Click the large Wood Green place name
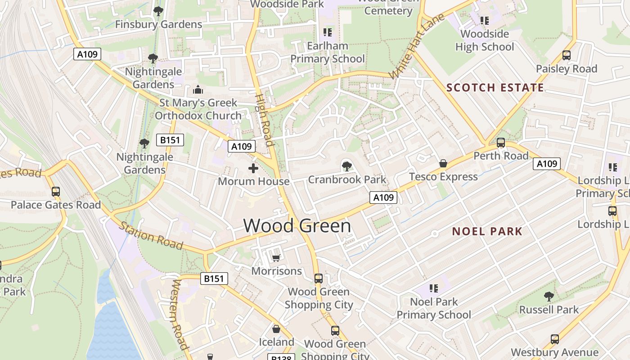click(297, 225)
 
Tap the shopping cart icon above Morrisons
click(276, 257)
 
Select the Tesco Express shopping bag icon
click(443, 163)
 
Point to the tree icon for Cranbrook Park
click(346, 166)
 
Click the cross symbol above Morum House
click(253, 168)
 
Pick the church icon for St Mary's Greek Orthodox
click(198, 90)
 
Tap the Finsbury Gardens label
click(158, 24)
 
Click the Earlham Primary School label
click(328, 52)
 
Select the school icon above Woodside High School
click(485, 20)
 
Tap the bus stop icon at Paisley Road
click(567, 55)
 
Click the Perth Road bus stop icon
click(501, 143)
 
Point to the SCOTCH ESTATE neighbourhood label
click(495, 88)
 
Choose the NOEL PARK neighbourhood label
click(487, 231)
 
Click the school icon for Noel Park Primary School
click(434, 288)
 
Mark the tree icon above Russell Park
click(549, 296)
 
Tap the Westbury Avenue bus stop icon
click(555, 339)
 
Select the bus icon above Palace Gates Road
click(56, 191)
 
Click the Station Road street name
click(151, 235)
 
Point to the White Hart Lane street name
click(417, 46)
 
